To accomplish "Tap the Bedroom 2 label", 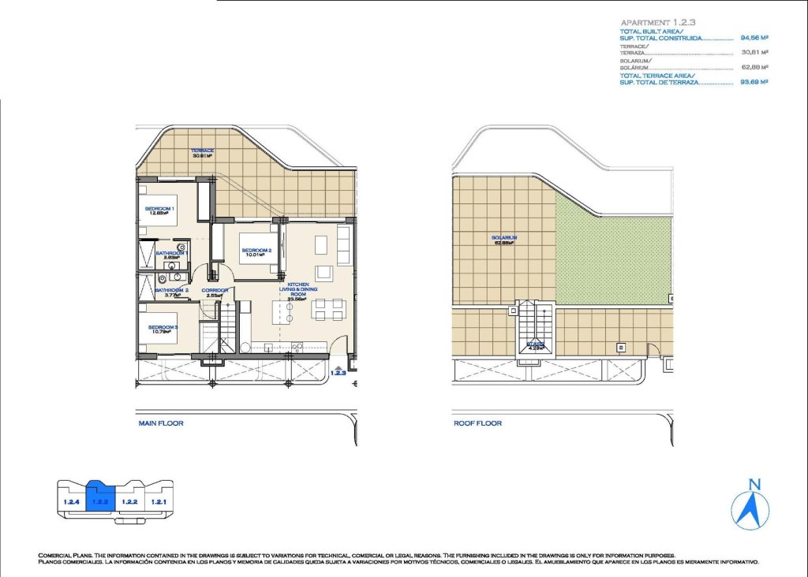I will [256, 252].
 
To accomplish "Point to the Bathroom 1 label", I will [170, 255].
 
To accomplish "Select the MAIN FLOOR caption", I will [161, 423].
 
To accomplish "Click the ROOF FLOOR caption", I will [477, 423].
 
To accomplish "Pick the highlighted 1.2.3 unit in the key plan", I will [100, 499].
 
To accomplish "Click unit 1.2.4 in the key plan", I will [70, 501].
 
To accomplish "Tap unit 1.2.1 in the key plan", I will [160, 501].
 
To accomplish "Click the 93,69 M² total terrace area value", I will [754, 82].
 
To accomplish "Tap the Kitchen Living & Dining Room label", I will [297, 291].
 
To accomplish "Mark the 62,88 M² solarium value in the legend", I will [754, 67].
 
